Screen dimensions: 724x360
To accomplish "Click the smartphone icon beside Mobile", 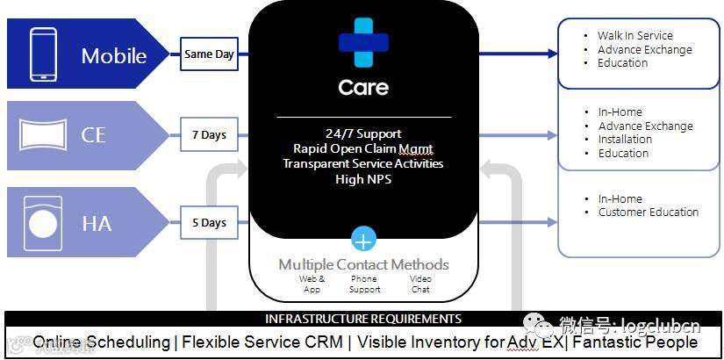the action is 43,54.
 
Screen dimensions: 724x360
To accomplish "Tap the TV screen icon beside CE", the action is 43,136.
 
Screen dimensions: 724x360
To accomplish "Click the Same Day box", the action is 209,54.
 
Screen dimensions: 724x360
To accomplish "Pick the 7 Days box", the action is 209,135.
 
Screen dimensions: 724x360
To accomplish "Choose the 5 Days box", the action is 209,223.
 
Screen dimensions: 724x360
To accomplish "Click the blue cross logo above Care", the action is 363,42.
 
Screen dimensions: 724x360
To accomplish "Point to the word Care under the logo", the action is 363,88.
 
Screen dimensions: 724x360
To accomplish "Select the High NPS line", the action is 363,179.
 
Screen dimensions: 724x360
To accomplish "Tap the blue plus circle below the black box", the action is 363,239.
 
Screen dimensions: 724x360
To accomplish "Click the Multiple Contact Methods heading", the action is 363,264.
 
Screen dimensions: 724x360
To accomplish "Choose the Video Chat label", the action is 420,284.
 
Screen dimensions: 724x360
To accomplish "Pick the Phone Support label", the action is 364,284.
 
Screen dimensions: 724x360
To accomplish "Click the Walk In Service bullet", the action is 635,36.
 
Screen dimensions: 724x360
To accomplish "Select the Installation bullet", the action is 625,140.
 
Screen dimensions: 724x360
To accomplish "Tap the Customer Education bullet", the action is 649,212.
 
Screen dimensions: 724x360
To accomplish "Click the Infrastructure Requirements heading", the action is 363,319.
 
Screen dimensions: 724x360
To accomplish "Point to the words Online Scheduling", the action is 101,342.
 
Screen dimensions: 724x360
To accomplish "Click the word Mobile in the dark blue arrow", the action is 114,56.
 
